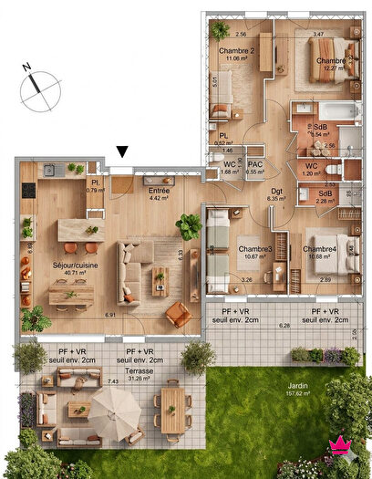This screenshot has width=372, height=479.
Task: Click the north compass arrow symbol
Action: tap(35, 79)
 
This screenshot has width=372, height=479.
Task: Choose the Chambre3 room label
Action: tap(255, 253)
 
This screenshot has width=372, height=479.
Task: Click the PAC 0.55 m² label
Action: tap(255, 168)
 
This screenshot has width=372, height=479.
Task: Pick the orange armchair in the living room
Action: tap(179, 315)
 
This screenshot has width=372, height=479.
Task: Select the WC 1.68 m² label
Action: tap(230, 168)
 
